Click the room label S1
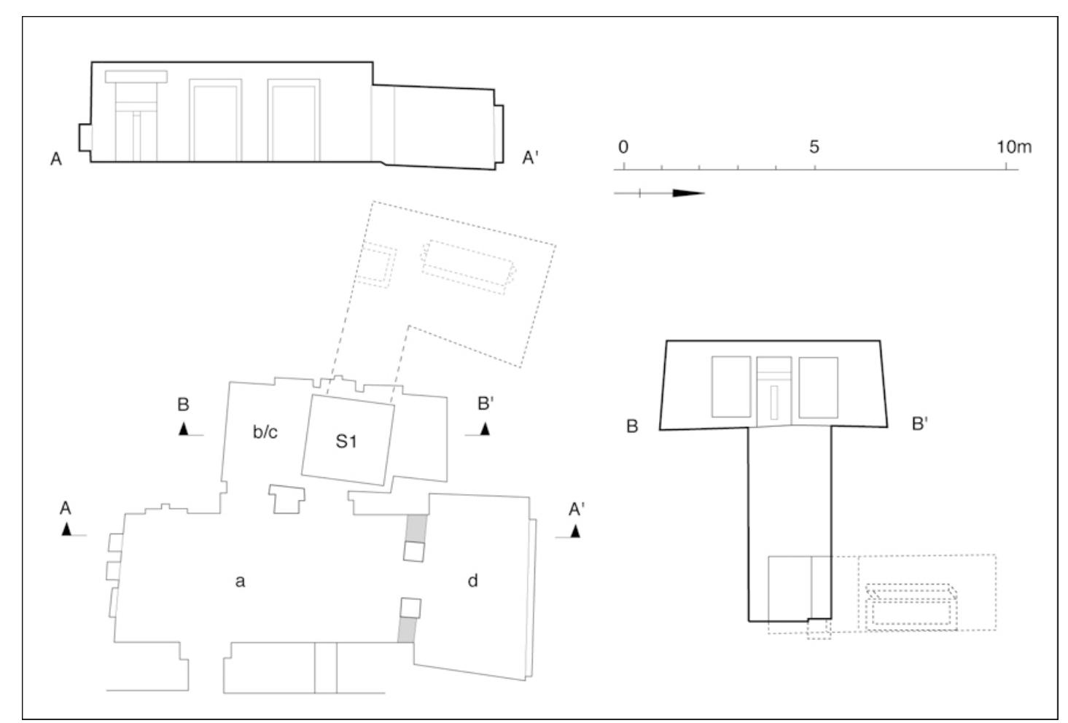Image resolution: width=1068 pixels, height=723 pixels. tap(346, 441)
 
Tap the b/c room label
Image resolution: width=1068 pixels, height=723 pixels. tap(265, 432)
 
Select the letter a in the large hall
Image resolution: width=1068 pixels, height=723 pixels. tap(240, 581)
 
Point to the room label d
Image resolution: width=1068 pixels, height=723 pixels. tap(472, 581)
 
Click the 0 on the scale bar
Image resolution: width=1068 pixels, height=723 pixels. tap(623, 146)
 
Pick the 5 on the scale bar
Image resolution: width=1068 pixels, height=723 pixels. tap(814, 146)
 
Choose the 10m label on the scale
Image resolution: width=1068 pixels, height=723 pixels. tap(1014, 146)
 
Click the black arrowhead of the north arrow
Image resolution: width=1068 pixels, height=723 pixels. tap(687, 193)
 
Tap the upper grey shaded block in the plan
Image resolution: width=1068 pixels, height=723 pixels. tap(415, 528)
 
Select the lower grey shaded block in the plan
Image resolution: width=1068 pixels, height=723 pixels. tap(407, 630)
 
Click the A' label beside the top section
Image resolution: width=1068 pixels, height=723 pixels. tap(530, 157)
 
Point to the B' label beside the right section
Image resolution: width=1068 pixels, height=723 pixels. tap(919, 424)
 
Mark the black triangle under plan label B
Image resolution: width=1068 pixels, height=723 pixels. tap(184, 429)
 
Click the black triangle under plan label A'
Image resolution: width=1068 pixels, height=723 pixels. tap(575, 531)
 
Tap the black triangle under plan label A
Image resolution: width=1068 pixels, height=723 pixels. tap(67, 530)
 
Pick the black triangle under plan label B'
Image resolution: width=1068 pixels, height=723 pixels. tap(485, 429)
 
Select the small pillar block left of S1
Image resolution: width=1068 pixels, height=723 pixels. tap(287, 500)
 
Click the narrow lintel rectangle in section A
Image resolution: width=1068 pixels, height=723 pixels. tap(136, 77)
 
